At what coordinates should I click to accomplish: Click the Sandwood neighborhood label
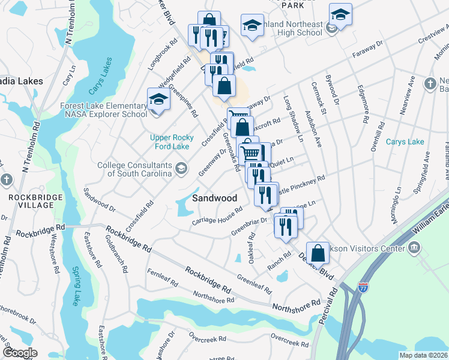click(x=214, y=198)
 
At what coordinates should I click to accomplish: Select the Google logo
click(x=20, y=352)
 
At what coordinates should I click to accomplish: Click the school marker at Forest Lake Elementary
click(x=158, y=100)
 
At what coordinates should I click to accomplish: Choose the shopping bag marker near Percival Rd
click(x=318, y=253)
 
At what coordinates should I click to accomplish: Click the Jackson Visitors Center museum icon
click(x=414, y=247)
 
